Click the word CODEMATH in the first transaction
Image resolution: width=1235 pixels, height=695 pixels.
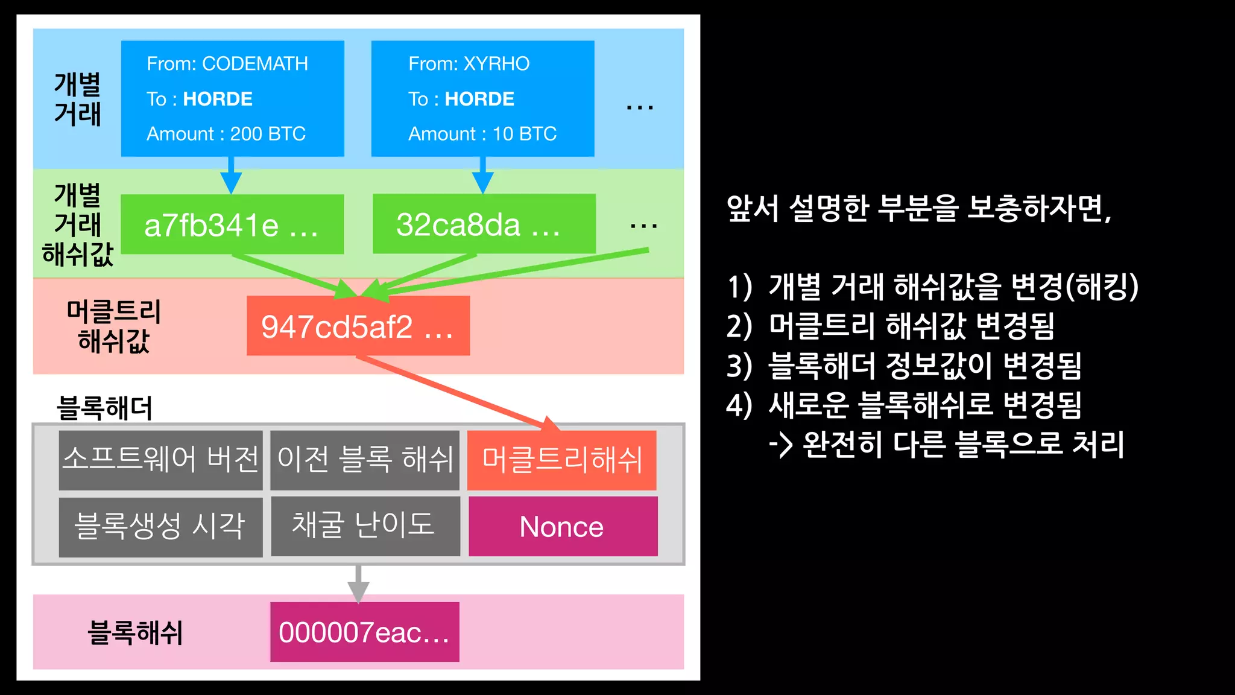tap(254, 63)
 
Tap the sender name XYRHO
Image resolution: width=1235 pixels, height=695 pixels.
tap(496, 63)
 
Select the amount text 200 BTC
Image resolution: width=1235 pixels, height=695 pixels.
tap(268, 133)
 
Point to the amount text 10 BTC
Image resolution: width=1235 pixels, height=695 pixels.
tap(524, 133)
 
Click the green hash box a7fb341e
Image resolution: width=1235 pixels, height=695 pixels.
tap(232, 224)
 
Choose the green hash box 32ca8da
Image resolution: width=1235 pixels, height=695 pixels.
tap(484, 224)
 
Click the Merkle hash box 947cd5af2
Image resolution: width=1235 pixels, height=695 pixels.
tap(358, 326)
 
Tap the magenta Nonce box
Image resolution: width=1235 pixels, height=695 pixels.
tap(563, 526)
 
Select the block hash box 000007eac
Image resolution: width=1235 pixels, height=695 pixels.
tap(364, 632)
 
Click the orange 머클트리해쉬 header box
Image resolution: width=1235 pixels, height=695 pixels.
tap(561, 460)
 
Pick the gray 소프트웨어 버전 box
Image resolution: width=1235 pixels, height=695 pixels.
tap(160, 460)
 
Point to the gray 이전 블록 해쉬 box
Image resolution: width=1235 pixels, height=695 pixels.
tap(364, 460)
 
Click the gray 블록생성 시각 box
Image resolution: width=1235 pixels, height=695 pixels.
tap(160, 526)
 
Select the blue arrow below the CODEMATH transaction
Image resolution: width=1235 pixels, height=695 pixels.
tap(231, 176)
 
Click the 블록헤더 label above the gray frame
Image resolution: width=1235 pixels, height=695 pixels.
tap(104, 408)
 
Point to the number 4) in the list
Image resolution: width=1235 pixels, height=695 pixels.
tap(739, 405)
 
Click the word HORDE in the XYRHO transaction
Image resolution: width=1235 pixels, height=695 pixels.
tap(479, 99)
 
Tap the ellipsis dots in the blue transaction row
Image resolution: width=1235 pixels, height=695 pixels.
tap(640, 108)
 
